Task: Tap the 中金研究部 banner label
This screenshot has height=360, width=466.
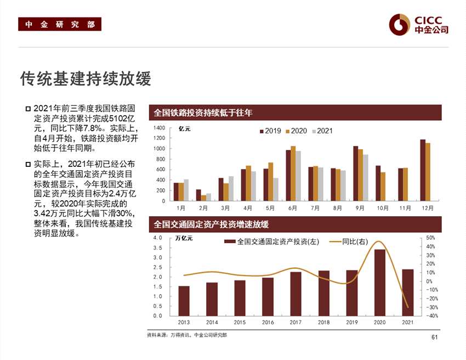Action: click(x=60, y=24)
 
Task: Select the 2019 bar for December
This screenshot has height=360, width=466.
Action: click(x=422, y=170)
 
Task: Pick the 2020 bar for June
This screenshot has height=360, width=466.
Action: click(x=293, y=173)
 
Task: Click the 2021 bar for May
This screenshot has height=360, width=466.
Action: click(x=276, y=189)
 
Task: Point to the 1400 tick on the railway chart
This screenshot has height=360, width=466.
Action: click(x=159, y=128)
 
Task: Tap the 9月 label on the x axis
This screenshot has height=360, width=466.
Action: click(x=360, y=209)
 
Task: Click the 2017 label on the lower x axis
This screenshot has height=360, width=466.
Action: click(x=295, y=323)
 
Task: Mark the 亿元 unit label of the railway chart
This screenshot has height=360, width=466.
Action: click(x=185, y=129)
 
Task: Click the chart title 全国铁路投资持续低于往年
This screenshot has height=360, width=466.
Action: click(x=203, y=113)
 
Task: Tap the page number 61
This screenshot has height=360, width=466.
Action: click(x=435, y=337)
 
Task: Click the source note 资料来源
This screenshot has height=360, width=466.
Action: click(x=186, y=335)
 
